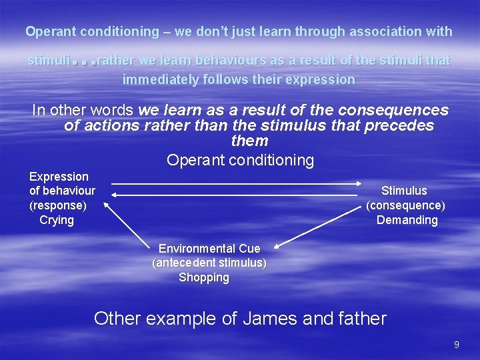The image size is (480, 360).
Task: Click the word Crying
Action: pyautogui.click(x=57, y=220)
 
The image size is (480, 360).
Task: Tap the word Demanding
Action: pyautogui.click(x=407, y=220)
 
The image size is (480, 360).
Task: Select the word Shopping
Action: pyautogui.click(x=204, y=277)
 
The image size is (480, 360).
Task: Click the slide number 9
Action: pyautogui.click(x=457, y=345)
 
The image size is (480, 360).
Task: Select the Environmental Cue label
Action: pyautogui.click(x=209, y=249)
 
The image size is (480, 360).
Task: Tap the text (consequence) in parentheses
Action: pyautogui.click(x=405, y=205)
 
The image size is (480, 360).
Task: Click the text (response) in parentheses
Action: pyautogui.click(x=57, y=205)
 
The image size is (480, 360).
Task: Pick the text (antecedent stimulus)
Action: pyautogui.click(x=209, y=263)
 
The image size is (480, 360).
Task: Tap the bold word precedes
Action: pyautogui.click(x=399, y=125)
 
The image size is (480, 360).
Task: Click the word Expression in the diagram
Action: pyautogui.click(x=59, y=177)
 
